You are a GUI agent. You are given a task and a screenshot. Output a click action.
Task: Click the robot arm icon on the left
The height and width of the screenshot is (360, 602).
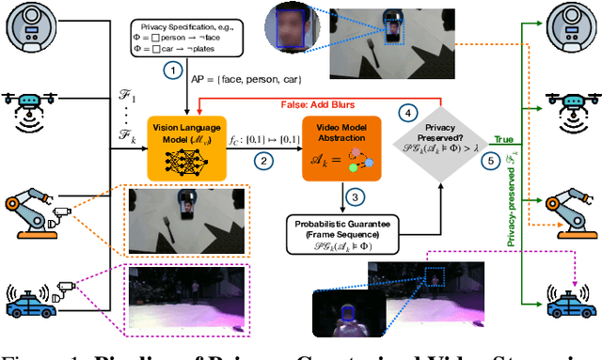point(33,212)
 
